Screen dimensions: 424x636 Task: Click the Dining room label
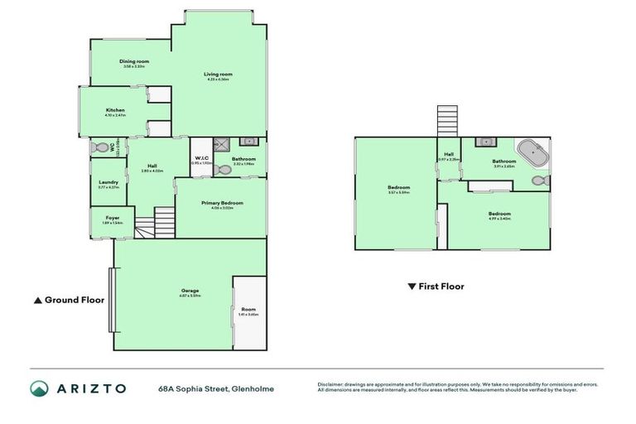point(132,61)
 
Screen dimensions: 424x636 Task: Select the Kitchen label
point(114,112)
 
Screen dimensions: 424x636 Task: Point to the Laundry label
point(108,183)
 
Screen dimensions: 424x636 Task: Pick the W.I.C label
point(201,159)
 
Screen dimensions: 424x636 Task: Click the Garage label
point(190,291)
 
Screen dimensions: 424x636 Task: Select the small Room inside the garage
point(248,311)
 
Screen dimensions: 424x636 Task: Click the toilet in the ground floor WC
point(102,148)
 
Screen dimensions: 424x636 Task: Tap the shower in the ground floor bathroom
point(221,143)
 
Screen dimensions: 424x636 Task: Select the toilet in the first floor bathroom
point(541,180)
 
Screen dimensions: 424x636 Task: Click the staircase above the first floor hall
point(447,121)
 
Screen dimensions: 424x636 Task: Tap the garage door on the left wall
point(109,298)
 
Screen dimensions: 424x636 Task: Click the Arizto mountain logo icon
point(39,388)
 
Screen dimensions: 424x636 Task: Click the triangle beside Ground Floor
point(36,300)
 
